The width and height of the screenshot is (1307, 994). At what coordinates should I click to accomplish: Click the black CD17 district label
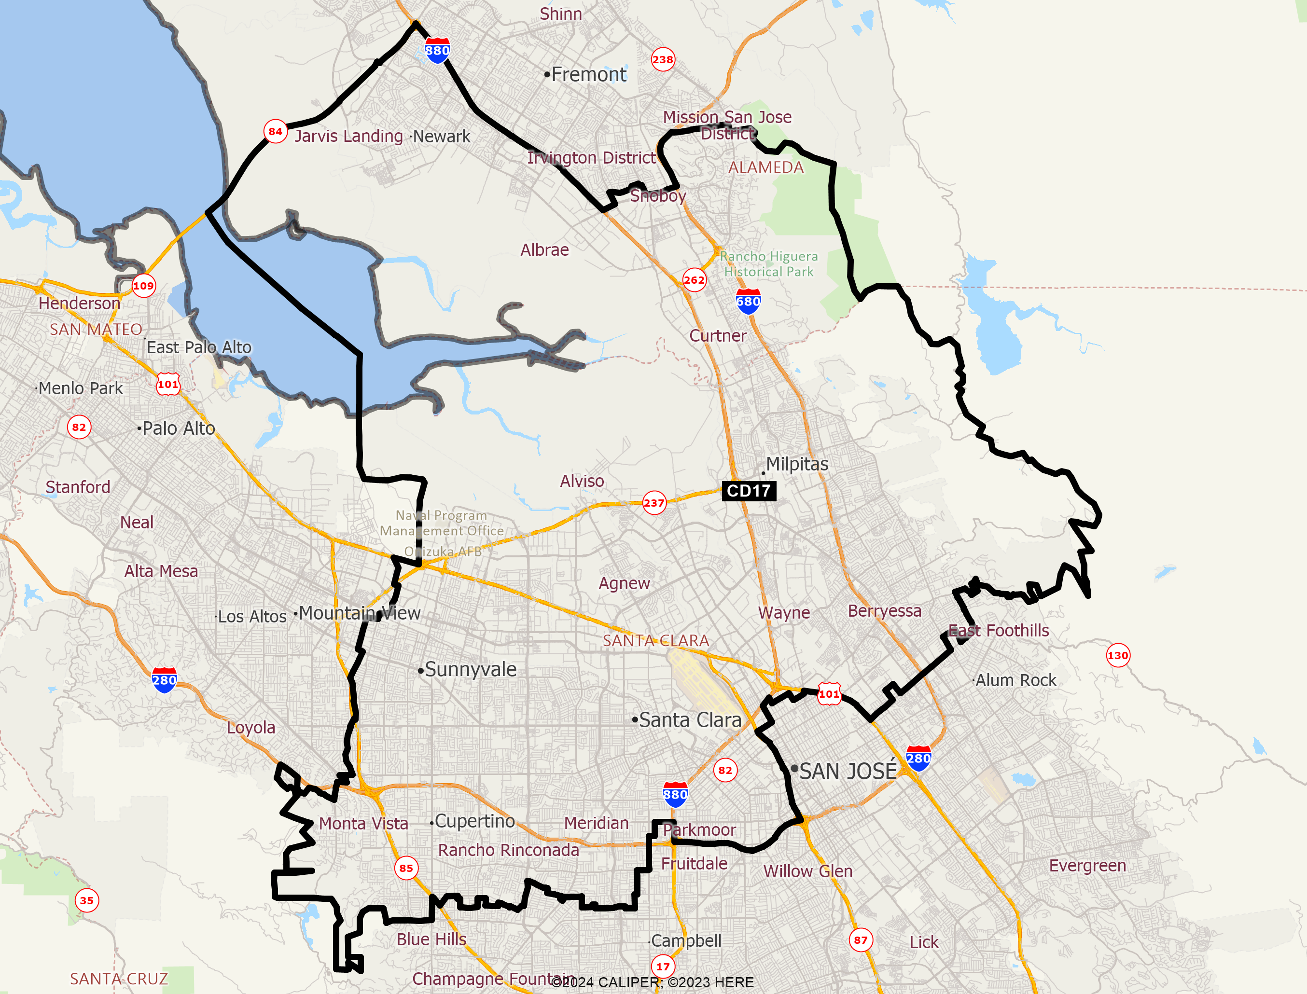click(x=749, y=491)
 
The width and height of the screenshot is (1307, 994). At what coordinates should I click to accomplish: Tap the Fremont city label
click(x=588, y=74)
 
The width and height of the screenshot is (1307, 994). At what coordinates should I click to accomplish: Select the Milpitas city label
click(x=796, y=464)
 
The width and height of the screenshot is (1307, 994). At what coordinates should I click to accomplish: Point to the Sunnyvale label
click(x=471, y=669)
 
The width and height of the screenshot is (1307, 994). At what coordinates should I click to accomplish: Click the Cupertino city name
click(x=474, y=821)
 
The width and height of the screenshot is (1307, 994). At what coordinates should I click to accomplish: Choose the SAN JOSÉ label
click(x=847, y=771)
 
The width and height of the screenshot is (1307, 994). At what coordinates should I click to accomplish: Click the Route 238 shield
click(x=663, y=59)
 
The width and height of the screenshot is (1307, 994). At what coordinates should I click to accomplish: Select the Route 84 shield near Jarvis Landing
click(x=275, y=131)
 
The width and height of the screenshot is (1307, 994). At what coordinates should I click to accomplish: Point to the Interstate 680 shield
click(x=748, y=302)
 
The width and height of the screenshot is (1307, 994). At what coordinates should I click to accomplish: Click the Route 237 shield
click(x=654, y=503)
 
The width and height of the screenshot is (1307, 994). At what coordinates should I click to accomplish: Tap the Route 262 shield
click(x=694, y=280)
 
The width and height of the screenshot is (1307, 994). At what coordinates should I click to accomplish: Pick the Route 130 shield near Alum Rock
click(x=1118, y=655)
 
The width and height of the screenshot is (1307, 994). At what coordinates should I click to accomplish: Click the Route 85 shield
click(x=406, y=868)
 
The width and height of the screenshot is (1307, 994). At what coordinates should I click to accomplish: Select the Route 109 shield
click(x=143, y=286)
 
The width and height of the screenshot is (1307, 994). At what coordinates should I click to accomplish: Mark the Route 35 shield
click(x=87, y=900)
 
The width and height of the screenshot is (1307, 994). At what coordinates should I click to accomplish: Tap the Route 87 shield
click(x=861, y=939)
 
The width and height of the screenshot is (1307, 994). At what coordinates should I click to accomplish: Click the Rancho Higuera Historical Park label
click(x=768, y=264)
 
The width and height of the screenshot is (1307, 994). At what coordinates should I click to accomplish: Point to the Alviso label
click(x=582, y=481)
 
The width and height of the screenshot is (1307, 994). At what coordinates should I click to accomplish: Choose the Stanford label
click(x=78, y=487)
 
